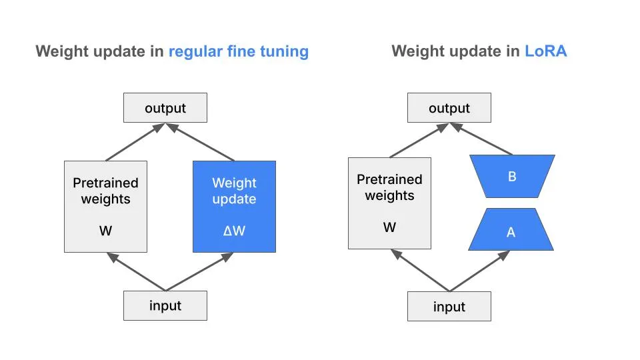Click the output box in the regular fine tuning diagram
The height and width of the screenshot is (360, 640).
point(165,108)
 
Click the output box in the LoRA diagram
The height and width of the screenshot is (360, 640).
point(449,108)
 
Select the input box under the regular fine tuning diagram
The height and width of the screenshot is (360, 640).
point(165,306)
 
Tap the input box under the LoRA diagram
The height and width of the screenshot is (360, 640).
point(449,307)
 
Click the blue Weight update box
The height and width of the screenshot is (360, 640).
point(234,206)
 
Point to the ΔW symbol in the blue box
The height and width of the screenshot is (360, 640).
point(234,231)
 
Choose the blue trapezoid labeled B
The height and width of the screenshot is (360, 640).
point(511,177)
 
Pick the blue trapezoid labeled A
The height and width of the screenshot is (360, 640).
point(511,232)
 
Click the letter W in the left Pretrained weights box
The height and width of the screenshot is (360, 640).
point(105,231)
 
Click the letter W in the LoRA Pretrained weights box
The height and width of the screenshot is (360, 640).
point(389,227)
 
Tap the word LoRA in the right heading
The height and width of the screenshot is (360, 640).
point(545,51)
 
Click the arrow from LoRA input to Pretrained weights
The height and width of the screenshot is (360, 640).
point(420,271)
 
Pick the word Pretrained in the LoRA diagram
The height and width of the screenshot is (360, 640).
point(389,179)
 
